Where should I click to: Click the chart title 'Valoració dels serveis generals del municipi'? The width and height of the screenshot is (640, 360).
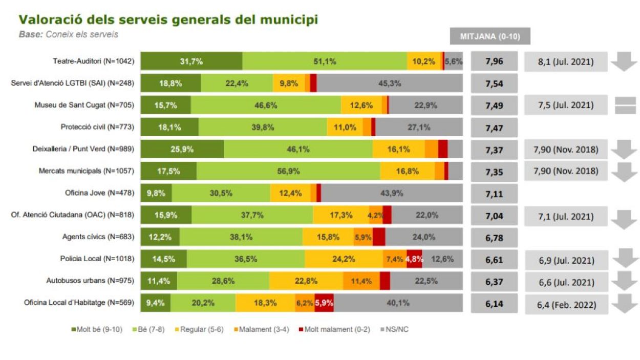[x=168, y=20]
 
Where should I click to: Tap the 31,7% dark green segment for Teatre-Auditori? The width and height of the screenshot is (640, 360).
[x=191, y=61]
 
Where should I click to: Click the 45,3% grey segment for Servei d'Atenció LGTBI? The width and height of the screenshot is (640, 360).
[x=389, y=83]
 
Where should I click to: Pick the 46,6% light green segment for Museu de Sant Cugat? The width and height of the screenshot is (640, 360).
[x=266, y=105]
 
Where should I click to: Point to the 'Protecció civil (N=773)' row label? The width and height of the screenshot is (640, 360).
[x=97, y=127]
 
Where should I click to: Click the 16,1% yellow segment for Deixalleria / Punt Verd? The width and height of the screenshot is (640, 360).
[x=398, y=149]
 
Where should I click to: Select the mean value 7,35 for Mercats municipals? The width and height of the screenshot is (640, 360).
[x=494, y=171]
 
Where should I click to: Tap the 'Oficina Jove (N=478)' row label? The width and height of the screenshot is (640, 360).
[x=99, y=193]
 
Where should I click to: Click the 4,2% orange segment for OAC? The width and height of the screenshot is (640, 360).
[x=376, y=215]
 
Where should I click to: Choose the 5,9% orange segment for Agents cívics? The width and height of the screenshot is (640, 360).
[x=363, y=237]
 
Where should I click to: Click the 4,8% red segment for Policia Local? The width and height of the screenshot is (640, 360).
[x=414, y=259]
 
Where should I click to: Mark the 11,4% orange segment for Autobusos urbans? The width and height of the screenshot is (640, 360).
[x=361, y=281]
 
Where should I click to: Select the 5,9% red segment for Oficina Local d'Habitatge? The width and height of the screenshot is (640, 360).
[x=324, y=303]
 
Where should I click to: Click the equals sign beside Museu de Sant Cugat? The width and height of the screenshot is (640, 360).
[x=625, y=105]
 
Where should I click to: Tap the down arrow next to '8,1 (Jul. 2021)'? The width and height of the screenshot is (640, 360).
[x=624, y=62]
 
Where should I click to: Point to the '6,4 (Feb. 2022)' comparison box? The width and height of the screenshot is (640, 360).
[x=566, y=305]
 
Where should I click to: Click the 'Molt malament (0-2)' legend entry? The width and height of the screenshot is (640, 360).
[x=336, y=329]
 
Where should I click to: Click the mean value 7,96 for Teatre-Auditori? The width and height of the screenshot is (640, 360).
[x=494, y=61]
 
